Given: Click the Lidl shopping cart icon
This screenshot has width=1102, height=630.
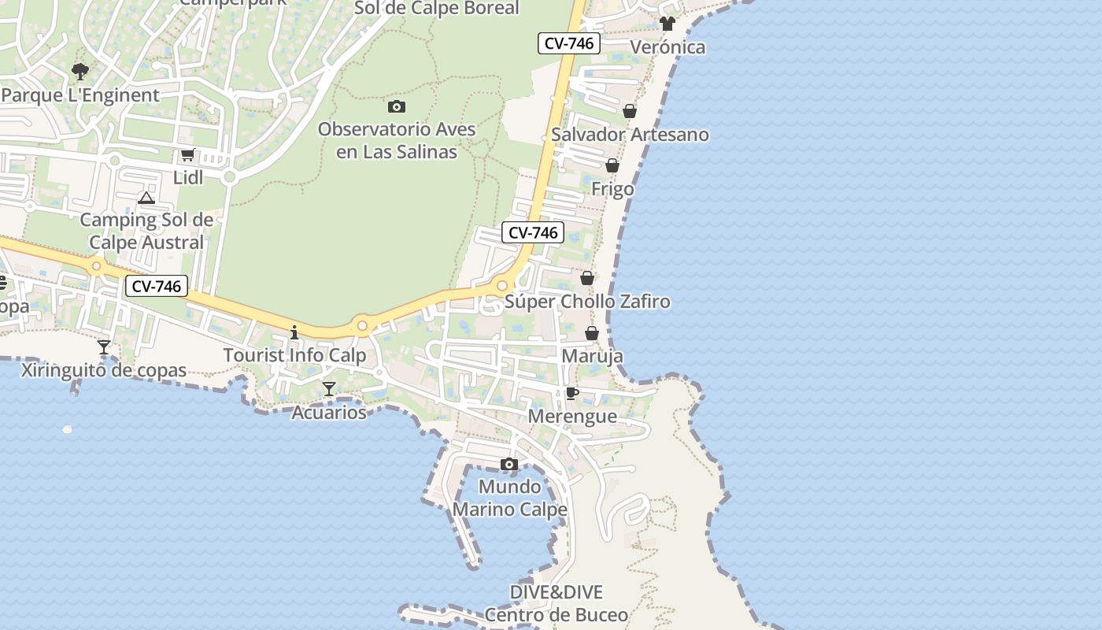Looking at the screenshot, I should pos(187,155).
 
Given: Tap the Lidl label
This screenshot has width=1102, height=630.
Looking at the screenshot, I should pos(188,177).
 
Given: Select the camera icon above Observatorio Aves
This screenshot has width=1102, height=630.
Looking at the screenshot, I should pos(397,106).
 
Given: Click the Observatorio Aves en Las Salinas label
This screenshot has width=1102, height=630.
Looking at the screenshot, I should pos(397,140).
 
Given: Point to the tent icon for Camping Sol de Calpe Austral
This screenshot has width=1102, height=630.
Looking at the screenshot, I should pos(146,198).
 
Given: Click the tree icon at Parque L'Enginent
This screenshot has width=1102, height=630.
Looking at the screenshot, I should pos(80,72).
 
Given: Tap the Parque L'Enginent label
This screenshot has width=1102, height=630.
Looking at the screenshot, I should pos(80,95).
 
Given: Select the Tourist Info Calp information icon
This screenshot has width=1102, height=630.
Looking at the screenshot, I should pos(294,332).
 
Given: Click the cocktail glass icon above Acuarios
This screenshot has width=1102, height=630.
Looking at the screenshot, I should pos(329,389).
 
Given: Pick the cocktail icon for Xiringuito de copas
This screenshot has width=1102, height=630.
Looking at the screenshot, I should pos(104,347).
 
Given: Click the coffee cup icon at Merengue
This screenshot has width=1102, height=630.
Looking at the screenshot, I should pos(572,393).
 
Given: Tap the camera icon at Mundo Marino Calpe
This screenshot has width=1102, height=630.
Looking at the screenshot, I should pos(509,464).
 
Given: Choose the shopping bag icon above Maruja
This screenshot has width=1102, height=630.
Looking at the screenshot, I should pos(592,333).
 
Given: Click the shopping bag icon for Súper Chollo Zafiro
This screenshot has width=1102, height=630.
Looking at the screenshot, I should pos(587,278).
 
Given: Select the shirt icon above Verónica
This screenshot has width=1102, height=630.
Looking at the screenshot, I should pos(667,24).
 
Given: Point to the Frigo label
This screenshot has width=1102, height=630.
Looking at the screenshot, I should pos(612,189).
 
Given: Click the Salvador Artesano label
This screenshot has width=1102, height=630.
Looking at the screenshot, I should pos(630,135).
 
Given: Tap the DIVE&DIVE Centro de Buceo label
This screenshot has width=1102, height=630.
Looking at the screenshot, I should pos(557,604).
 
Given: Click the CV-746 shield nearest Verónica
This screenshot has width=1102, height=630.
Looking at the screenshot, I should pos(569,43).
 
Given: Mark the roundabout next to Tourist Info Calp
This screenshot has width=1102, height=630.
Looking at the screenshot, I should pos(362,324).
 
